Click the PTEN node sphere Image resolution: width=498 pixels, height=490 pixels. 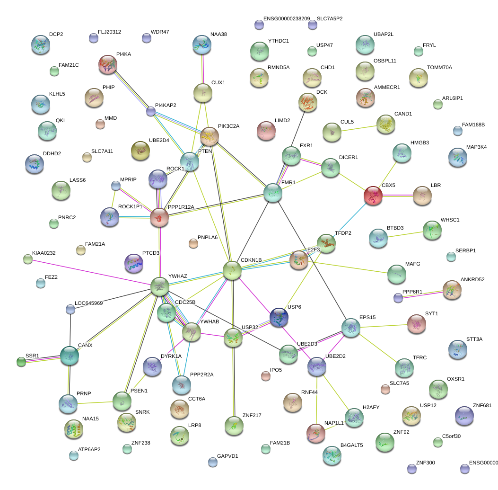[x=190, y=161]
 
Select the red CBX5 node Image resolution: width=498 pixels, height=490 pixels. [x=373, y=196]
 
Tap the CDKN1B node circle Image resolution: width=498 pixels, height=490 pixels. [x=232, y=270]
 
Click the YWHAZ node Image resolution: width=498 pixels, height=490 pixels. [x=160, y=286]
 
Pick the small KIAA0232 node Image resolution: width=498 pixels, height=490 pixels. [x=28, y=259]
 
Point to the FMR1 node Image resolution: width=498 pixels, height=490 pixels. [x=272, y=193]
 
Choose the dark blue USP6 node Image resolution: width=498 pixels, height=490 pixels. [x=279, y=317]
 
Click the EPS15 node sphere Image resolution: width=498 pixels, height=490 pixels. [x=351, y=328]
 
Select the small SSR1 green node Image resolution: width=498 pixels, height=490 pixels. [x=21, y=362]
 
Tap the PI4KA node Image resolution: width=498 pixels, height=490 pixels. [x=108, y=64]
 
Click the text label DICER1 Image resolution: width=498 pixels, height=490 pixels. [x=349, y=157]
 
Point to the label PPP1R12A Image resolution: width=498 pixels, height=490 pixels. [x=181, y=207]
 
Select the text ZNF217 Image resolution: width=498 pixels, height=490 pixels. [x=252, y=415]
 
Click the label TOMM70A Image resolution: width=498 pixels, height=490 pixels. [x=439, y=68]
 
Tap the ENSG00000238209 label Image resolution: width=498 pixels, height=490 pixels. [x=287, y=19]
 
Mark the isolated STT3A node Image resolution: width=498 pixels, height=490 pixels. [x=457, y=349]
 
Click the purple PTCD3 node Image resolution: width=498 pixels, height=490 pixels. [x=133, y=263]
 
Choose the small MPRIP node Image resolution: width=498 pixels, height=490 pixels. [x=116, y=186]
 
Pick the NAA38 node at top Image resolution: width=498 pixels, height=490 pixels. [x=202, y=45]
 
